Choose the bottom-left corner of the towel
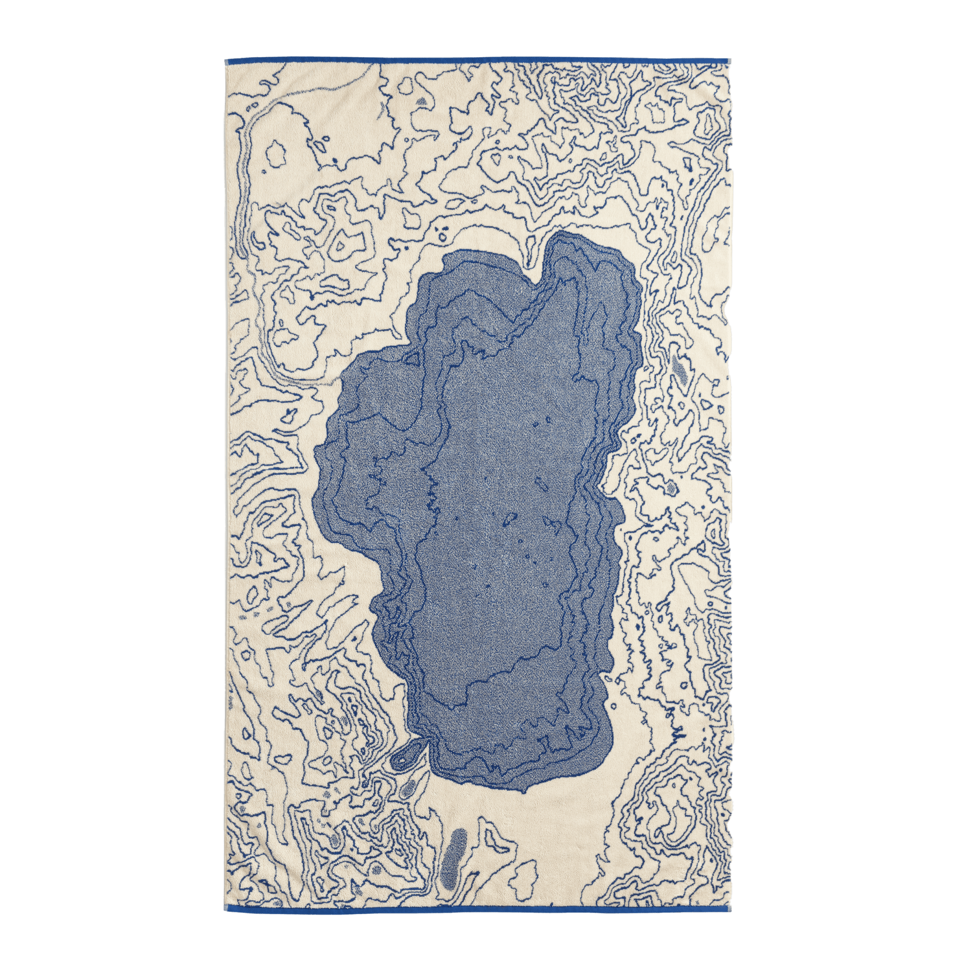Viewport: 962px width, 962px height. pyautogui.click(x=226, y=907)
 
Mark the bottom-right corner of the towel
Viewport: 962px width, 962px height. pyautogui.click(x=734, y=907)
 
